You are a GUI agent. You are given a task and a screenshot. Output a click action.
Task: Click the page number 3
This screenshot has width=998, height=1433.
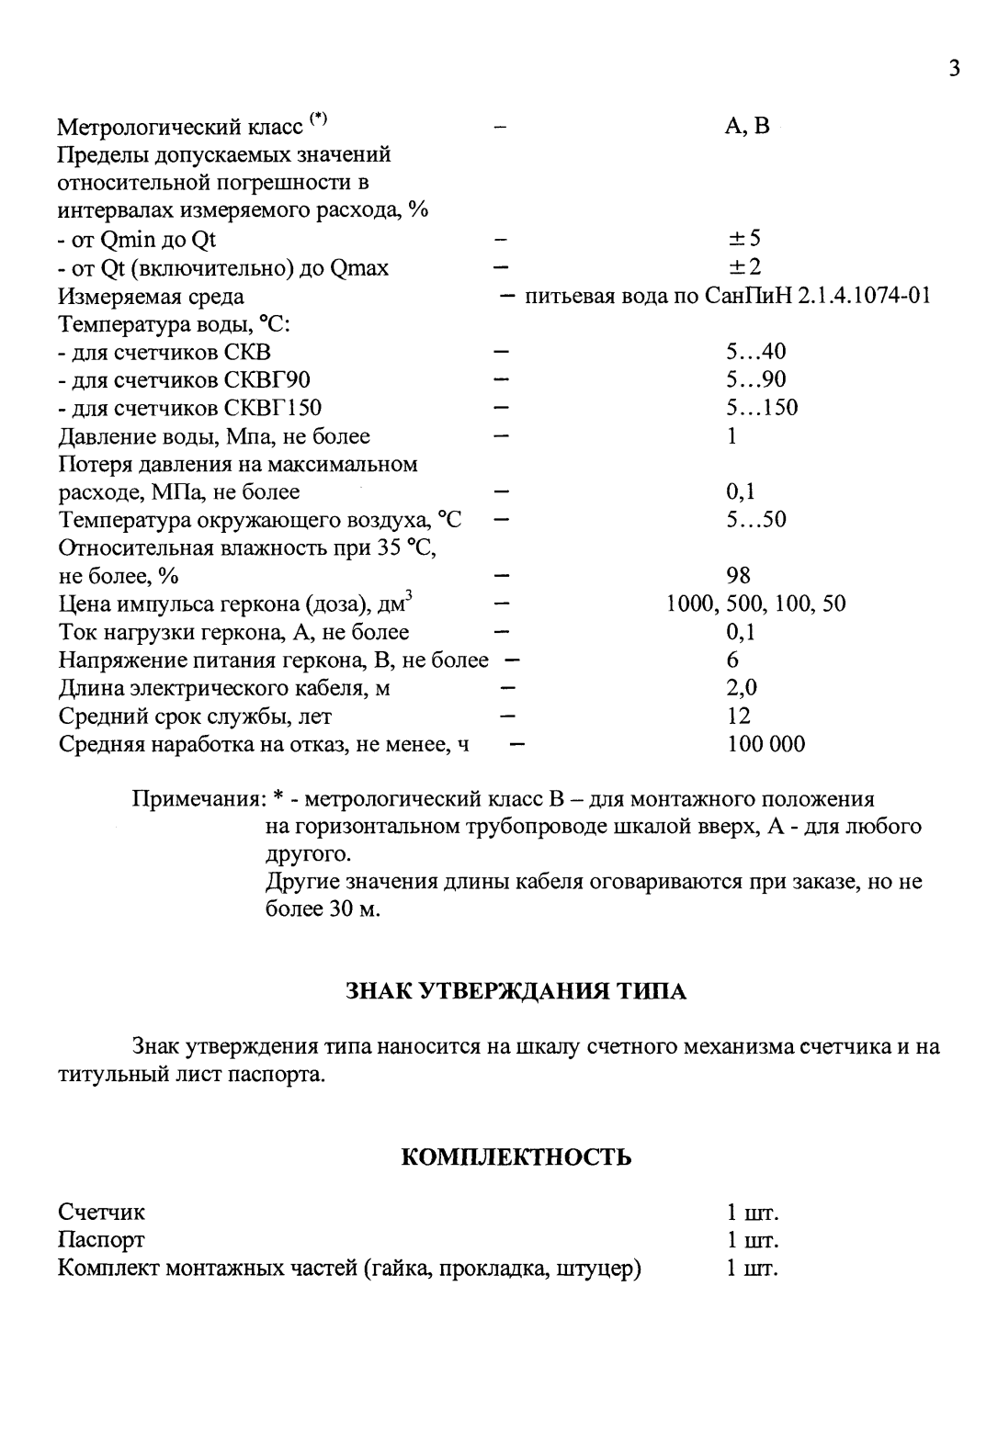[954, 69]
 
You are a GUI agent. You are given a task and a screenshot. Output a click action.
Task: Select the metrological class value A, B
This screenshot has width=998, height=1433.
[747, 127]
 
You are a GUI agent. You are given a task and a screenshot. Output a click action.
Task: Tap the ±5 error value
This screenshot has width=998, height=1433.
[743, 240]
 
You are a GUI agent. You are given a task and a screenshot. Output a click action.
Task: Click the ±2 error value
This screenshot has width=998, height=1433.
[743, 268]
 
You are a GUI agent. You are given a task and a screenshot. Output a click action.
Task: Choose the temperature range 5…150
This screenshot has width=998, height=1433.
[761, 408]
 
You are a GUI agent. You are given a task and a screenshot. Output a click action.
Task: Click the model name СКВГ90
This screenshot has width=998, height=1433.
[273, 380]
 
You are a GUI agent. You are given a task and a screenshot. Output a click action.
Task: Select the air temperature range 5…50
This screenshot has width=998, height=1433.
[755, 520]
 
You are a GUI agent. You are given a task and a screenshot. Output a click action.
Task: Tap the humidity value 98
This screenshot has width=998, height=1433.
[738, 576]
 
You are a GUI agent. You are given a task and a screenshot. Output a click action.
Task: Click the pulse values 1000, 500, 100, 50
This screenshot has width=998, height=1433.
[756, 604]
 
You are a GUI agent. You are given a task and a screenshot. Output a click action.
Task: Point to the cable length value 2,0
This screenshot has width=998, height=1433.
[742, 688]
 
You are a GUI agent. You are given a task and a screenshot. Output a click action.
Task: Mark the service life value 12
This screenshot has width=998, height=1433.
[738, 716]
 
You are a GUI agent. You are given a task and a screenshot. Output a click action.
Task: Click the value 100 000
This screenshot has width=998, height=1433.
[766, 744]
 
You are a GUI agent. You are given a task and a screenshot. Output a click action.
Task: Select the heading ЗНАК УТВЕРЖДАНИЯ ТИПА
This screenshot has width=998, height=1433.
[516, 992]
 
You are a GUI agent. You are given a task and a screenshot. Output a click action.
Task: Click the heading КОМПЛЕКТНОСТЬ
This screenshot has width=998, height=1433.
[516, 1157]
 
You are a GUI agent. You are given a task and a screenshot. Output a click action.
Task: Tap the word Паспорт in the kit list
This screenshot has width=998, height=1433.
[101, 1241]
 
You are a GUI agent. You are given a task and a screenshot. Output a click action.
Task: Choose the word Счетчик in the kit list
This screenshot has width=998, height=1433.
[101, 1213]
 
